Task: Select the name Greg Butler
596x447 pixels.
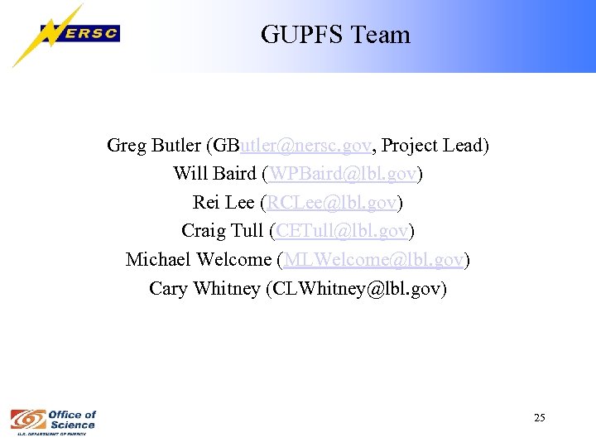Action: click(153, 146)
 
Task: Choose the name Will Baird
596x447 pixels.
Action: click(213, 174)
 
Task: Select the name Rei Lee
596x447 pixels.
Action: click(223, 202)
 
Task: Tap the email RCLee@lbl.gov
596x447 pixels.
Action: click(331, 202)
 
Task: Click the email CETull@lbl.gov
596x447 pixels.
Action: click(343, 230)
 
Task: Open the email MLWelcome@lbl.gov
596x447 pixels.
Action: click(372, 259)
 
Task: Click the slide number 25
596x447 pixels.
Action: click(540, 418)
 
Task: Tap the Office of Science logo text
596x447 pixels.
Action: click(72, 419)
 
